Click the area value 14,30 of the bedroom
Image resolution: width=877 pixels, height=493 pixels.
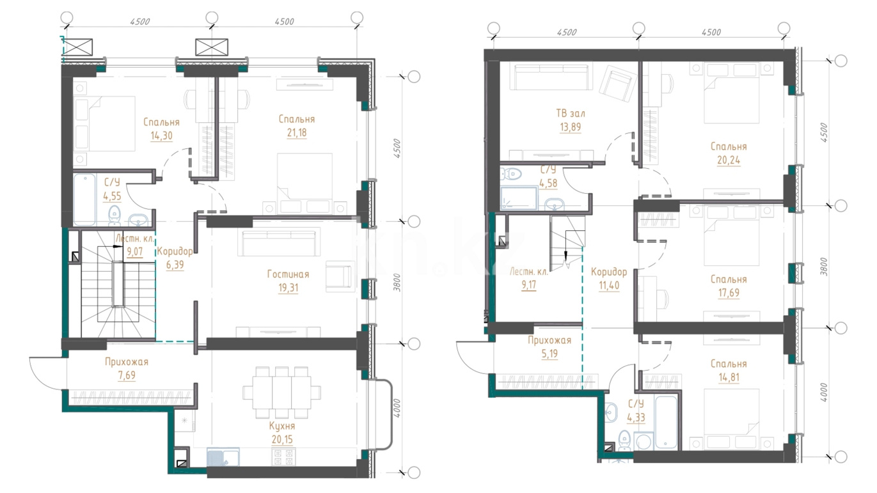tap(161, 136)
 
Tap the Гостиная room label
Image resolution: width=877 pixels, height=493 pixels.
tap(288, 274)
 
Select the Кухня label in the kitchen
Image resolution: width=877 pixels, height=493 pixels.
tap(282, 426)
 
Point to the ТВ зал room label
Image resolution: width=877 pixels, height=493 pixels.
tap(571, 113)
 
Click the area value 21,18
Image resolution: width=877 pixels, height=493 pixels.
tap(297, 133)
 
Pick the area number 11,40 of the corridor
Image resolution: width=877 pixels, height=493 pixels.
tap(609, 286)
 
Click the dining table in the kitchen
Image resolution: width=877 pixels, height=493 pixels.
tap(282, 393)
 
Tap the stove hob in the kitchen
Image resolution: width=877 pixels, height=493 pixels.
tap(283, 457)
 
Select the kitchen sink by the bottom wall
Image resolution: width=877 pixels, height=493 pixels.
tap(223, 457)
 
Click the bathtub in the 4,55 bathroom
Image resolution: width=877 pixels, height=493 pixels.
tap(84, 200)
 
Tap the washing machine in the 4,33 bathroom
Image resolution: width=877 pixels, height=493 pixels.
tap(644, 441)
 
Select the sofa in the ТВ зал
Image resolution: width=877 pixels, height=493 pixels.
tap(549, 77)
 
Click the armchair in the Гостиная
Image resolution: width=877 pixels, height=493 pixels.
tap(338, 277)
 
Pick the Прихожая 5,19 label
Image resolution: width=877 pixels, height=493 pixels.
tap(549, 347)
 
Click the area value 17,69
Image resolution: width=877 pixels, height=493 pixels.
tap(729, 293)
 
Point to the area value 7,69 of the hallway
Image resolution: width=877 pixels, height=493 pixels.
tap(127, 375)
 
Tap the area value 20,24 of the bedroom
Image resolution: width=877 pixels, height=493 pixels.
tap(729, 160)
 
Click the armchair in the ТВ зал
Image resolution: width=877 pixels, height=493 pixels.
tap(618, 84)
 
